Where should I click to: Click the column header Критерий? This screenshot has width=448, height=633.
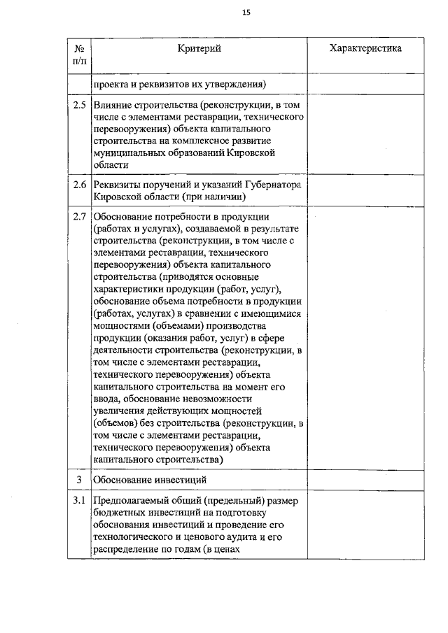click(199, 48)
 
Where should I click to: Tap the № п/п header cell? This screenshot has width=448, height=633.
click(80, 55)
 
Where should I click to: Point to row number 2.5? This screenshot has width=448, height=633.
click(80, 106)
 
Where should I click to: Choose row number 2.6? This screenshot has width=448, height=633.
click(80, 185)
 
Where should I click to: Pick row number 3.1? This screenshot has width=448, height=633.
click(80, 501)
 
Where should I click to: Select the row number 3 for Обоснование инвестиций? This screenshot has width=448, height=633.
click(80, 479)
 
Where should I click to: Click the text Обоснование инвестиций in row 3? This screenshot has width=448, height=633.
click(150, 480)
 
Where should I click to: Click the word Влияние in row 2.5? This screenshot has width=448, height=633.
click(114, 106)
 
